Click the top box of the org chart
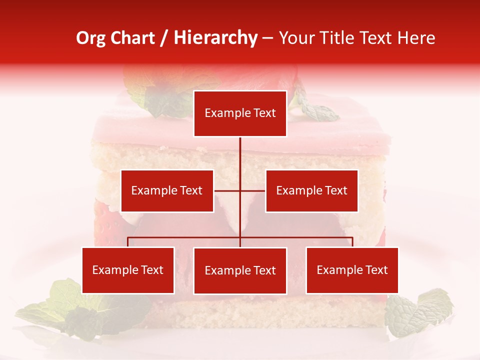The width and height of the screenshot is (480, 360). tap(240, 113)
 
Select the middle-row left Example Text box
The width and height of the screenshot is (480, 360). tap(167, 190)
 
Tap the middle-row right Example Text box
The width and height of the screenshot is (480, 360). tap(311, 190)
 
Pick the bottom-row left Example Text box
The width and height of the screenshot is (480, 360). tap(128, 270)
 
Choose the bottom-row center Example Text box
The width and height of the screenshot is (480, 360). tap(240, 270)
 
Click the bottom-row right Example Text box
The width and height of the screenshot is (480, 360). tap(352, 270)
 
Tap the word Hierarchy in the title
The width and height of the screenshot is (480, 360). tap(215, 38)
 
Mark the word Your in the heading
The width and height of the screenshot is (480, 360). tap(296, 38)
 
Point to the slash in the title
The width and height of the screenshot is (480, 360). tap(163, 38)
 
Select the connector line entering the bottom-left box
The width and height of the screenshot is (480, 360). tap(128, 242)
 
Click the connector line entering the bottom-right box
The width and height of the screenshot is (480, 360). tap(352, 242)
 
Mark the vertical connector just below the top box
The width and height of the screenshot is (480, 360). tap(240, 150)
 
